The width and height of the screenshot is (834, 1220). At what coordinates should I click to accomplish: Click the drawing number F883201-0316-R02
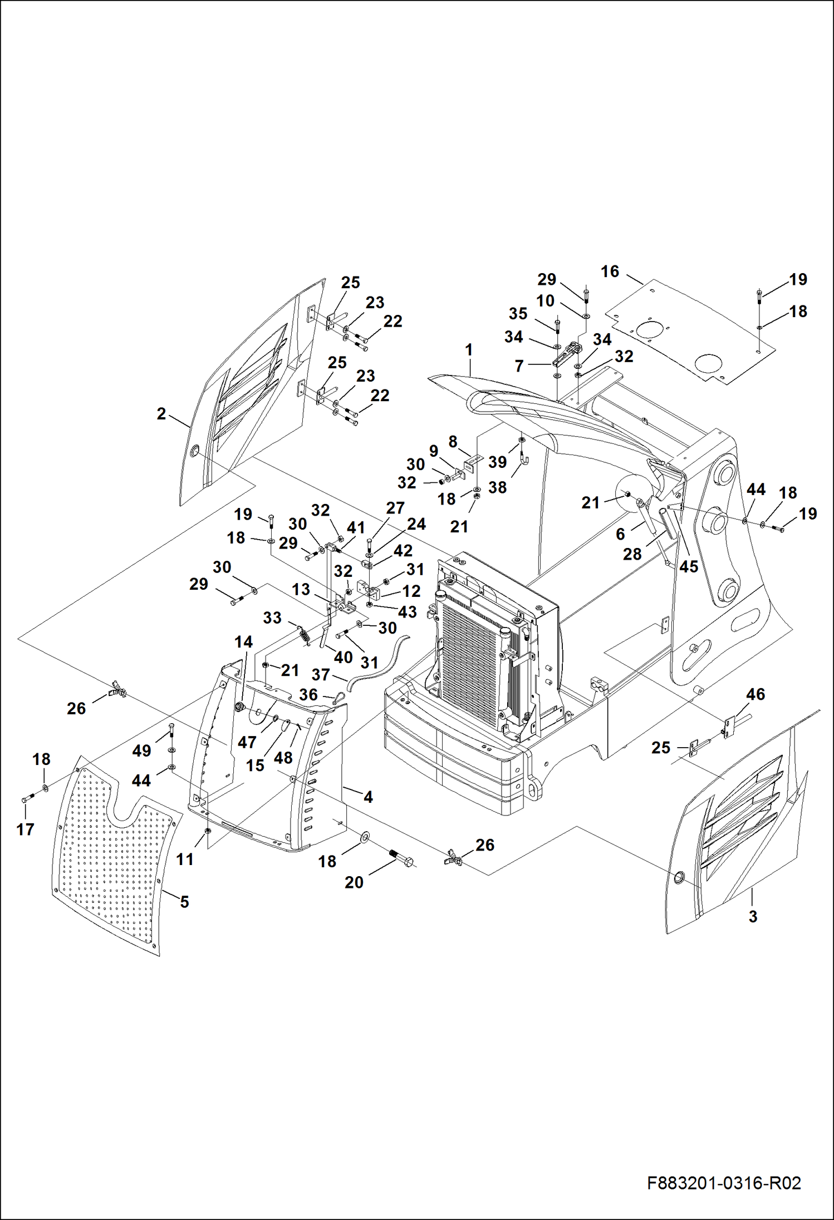click(724, 1183)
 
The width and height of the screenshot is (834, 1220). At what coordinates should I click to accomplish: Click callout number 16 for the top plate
click(610, 271)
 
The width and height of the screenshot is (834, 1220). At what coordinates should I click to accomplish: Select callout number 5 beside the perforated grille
click(184, 902)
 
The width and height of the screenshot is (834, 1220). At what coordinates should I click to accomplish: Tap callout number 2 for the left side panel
click(161, 414)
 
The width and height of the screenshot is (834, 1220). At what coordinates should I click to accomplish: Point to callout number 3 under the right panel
click(753, 916)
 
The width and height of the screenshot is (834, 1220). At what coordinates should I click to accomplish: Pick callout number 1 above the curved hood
click(469, 350)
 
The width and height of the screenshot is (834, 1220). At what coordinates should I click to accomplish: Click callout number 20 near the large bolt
click(354, 882)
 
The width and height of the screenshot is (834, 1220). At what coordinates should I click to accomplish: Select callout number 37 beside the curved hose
click(321, 675)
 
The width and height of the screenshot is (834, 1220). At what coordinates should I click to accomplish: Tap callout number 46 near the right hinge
click(755, 694)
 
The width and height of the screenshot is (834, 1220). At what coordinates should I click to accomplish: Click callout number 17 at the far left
click(25, 829)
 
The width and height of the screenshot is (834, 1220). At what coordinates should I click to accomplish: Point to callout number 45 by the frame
click(689, 566)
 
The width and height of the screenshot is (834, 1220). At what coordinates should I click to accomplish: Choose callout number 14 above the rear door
click(243, 642)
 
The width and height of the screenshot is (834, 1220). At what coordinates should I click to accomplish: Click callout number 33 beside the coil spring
click(272, 618)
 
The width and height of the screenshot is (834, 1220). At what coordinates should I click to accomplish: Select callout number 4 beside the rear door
click(368, 797)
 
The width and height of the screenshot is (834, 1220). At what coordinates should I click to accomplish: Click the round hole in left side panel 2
click(194, 451)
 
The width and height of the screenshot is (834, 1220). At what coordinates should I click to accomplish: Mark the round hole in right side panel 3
click(679, 877)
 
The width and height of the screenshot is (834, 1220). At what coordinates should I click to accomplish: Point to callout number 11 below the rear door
click(185, 859)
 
